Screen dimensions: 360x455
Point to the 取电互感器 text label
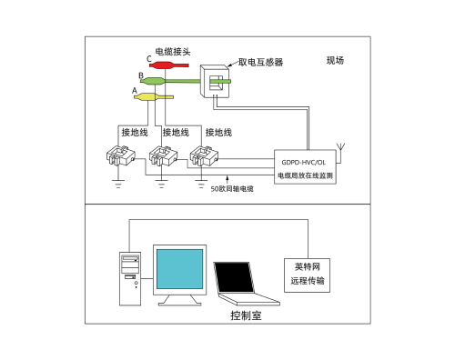coord(260,63)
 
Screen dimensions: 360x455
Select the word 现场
coord(337,62)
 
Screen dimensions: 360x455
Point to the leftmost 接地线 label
coord(135,133)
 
